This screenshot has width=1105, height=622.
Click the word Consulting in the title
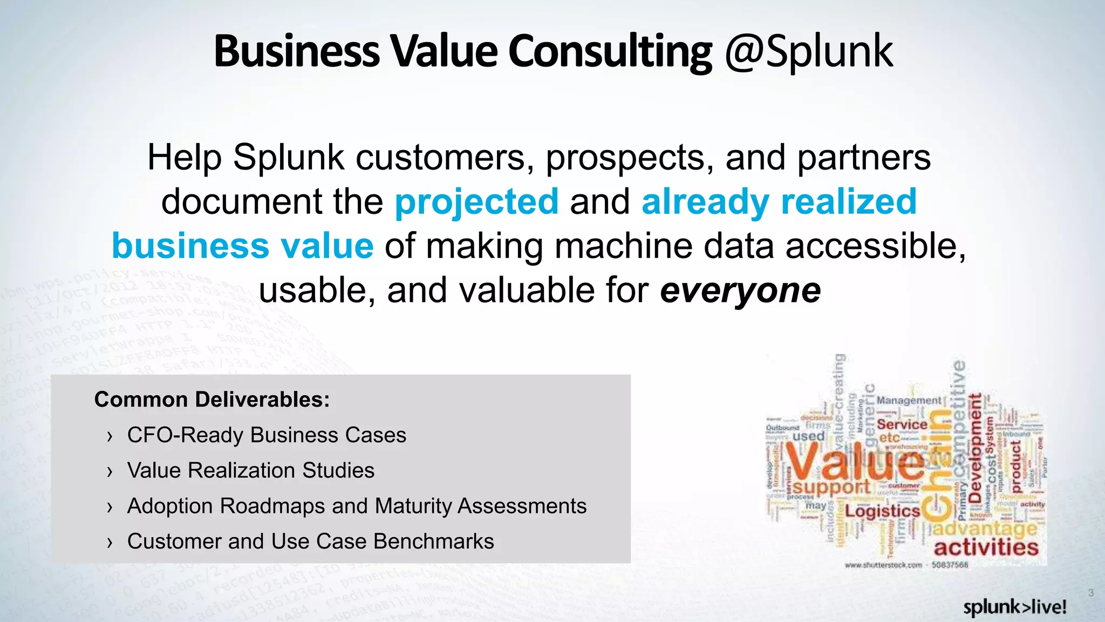pos(610,52)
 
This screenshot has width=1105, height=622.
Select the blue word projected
pos(476,202)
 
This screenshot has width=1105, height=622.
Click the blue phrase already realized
pos(779,202)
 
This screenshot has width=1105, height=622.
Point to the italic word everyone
pos(740,290)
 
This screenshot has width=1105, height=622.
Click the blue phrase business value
pos(242,246)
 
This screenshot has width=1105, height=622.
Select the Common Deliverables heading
pos(212,400)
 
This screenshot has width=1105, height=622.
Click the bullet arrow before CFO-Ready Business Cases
pos(110,436)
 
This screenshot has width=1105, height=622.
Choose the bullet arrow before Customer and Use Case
pos(110,543)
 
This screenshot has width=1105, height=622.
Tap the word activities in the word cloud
pos(986,547)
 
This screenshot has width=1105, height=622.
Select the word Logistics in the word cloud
pos(882,511)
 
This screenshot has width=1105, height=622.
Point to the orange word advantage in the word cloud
pos(985,528)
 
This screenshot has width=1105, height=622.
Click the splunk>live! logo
pos(1014,607)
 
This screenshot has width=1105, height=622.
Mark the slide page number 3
pos(1090,593)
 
